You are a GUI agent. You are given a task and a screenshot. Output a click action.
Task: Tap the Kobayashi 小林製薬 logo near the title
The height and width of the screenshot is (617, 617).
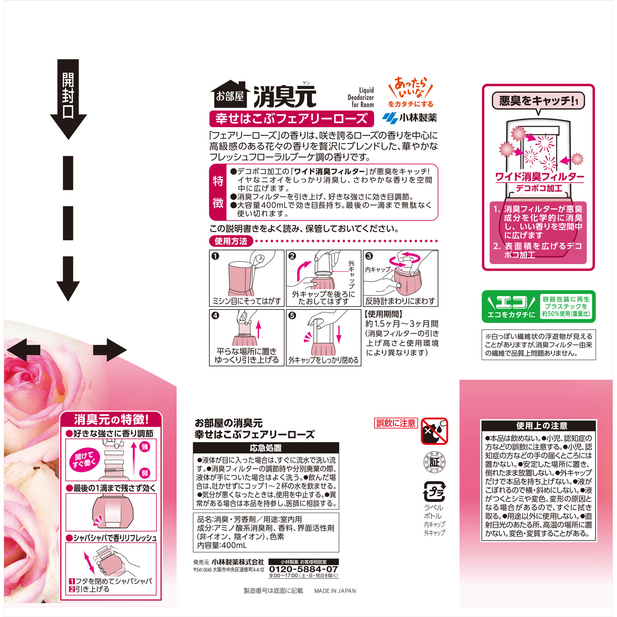point(410,118)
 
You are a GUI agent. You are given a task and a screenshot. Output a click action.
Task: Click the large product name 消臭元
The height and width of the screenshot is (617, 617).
point(285,96)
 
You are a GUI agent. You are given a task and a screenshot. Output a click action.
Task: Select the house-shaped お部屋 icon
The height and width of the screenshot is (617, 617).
point(230,94)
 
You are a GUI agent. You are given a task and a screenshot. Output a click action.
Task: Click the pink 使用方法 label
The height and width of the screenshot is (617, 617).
point(231,241)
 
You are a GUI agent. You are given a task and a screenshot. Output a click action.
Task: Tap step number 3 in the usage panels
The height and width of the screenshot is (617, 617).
point(369,256)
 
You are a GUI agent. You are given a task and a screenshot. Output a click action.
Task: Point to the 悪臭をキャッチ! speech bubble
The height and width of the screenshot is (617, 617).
point(538,101)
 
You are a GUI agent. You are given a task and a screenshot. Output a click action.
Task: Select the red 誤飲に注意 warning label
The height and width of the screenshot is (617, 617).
point(396,423)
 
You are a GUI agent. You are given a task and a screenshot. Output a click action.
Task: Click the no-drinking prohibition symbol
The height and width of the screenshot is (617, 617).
point(435,431)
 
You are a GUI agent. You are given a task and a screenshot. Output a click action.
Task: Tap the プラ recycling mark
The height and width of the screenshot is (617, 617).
point(435,492)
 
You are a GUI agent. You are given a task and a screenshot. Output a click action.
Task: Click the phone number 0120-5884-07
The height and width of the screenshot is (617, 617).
point(303,569)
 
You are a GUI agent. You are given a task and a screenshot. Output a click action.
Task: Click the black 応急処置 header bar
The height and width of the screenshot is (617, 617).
point(266,448)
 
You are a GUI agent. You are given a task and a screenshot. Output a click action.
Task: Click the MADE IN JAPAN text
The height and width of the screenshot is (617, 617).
point(335,591)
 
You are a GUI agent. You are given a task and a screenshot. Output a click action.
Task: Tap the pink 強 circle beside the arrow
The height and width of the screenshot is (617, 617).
point(145,447)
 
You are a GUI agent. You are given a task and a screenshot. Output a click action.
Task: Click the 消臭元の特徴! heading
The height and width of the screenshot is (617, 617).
point(111,419)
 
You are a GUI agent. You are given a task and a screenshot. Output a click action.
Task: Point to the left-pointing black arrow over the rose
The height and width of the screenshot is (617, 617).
point(23,350)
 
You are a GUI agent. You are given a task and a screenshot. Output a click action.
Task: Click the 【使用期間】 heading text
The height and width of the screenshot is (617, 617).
point(384,314)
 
